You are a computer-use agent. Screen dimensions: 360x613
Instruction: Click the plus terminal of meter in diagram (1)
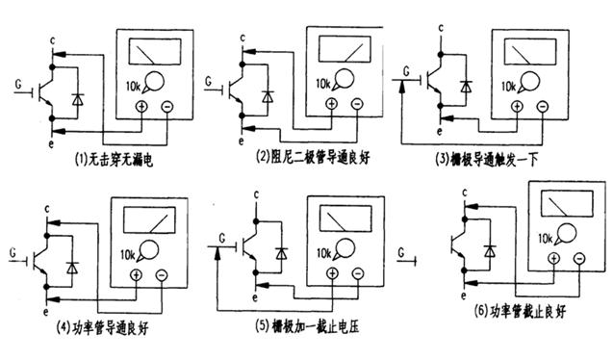(x=142, y=107)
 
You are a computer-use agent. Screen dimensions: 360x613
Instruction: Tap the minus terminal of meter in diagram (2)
(x=357, y=103)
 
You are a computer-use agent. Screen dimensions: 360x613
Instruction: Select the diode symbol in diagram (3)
(x=465, y=87)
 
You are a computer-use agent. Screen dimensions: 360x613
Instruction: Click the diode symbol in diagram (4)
(x=70, y=267)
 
